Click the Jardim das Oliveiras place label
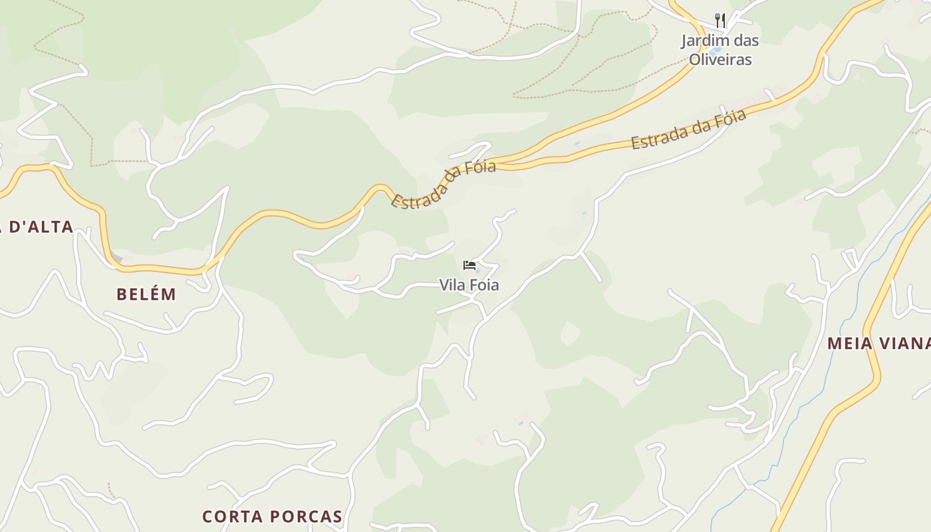tap(720, 50)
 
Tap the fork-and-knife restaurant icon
tap(720, 21)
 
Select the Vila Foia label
tap(469, 285)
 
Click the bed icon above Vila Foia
tap(469, 266)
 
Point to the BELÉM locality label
tap(146, 294)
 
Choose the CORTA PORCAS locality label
tap(272, 516)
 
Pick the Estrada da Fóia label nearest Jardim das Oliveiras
tap(688, 130)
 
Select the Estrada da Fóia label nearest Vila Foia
tap(444, 184)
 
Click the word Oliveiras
tap(720, 59)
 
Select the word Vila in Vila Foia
tap(450, 285)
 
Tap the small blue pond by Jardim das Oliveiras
tap(716, 51)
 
